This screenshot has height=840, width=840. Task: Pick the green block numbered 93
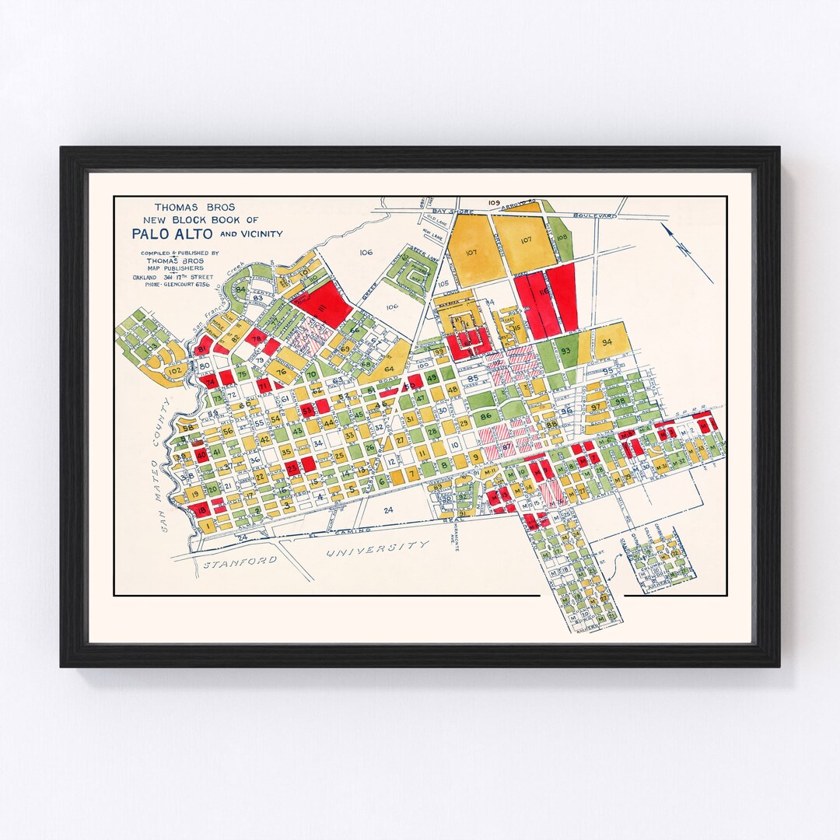pyautogui.click(x=565, y=351)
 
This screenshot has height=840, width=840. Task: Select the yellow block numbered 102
pyautogui.click(x=176, y=372)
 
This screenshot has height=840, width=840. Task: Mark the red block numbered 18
pyautogui.click(x=201, y=510)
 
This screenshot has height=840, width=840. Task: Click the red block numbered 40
pyautogui.click(x=201, y=454)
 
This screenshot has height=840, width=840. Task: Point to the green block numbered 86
pyautogui.click(x=486, y=416)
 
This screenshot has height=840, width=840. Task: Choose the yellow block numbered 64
pyautogui.click(x=389, y=368)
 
